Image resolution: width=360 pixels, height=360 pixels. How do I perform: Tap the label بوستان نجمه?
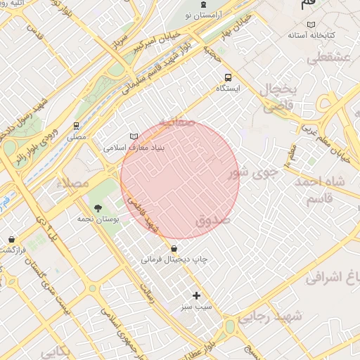pos(98,219)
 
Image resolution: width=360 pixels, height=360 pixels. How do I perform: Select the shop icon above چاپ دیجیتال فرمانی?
pos(174,248)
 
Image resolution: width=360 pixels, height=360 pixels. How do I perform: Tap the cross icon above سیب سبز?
pos(196,295)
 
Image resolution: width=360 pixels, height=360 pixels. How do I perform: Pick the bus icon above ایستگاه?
pos(227,77)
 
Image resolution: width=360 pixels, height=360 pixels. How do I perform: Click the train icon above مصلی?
pos(76,126)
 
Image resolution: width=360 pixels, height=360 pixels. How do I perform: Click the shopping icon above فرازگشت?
pos(12,239)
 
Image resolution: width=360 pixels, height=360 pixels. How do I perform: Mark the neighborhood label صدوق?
pos(213,220)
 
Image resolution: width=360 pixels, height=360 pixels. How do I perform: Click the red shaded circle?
pos(180,180)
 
